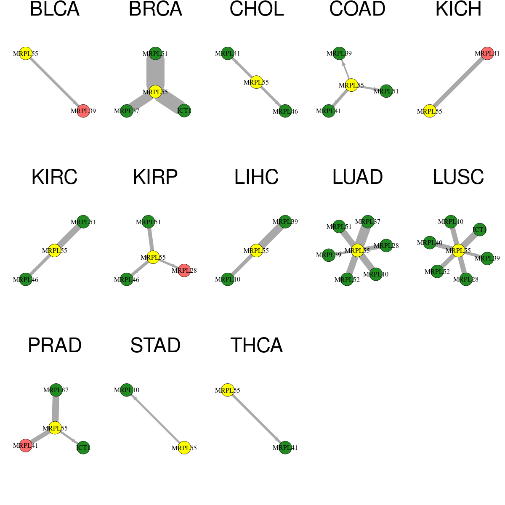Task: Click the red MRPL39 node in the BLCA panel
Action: point(83,111)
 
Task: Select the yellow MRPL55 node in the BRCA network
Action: point(155,92)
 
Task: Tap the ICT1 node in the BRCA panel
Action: point(184,111)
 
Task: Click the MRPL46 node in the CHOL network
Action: point(285,111)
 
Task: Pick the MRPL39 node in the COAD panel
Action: point(339,53)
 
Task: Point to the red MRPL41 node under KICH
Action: point(487,53)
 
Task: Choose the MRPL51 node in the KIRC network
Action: point(83,222)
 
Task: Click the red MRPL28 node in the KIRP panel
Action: point(184,270)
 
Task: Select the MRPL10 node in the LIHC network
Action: point(228,279)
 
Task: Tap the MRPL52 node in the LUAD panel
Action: point(347,279)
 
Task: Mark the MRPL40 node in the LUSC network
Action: point(430,243)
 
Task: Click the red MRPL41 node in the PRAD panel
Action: point(26,446)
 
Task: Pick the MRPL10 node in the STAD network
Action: point(127,390)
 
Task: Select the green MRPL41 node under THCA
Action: point(285,448)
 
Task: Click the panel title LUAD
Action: point(357,177)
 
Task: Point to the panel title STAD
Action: point(155,346)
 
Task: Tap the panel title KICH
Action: point(458,9)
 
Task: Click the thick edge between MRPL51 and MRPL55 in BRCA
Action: point(155,72)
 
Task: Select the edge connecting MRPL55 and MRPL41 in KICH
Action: point(458,82)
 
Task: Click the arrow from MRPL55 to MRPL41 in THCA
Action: point(256,419)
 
